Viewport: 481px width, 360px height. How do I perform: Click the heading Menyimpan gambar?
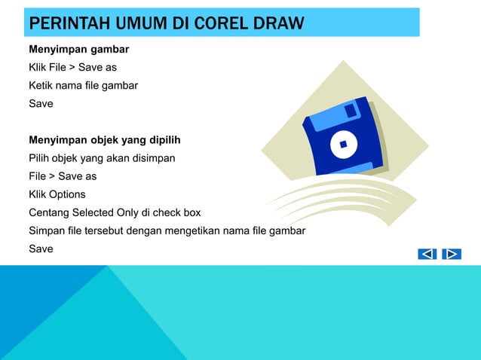point(79,50)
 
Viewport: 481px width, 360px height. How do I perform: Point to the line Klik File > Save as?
point(72,68)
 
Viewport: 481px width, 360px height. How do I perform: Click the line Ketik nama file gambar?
point(83,86)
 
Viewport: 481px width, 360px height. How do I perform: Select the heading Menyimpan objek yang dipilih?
point(104,140)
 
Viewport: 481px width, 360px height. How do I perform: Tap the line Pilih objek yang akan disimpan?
point(102,158)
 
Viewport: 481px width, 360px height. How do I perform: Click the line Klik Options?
point(57,194)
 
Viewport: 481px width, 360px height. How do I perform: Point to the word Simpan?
point(47,230)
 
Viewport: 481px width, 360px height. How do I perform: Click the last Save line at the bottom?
point(41,249)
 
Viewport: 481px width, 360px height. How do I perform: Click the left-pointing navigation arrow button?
point(427,254)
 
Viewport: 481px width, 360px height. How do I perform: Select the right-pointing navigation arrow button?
point(452,254)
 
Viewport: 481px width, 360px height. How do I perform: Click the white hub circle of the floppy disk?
point(344,144)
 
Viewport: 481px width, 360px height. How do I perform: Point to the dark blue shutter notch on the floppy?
point(351,110)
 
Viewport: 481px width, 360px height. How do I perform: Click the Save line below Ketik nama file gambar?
point(41,104)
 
